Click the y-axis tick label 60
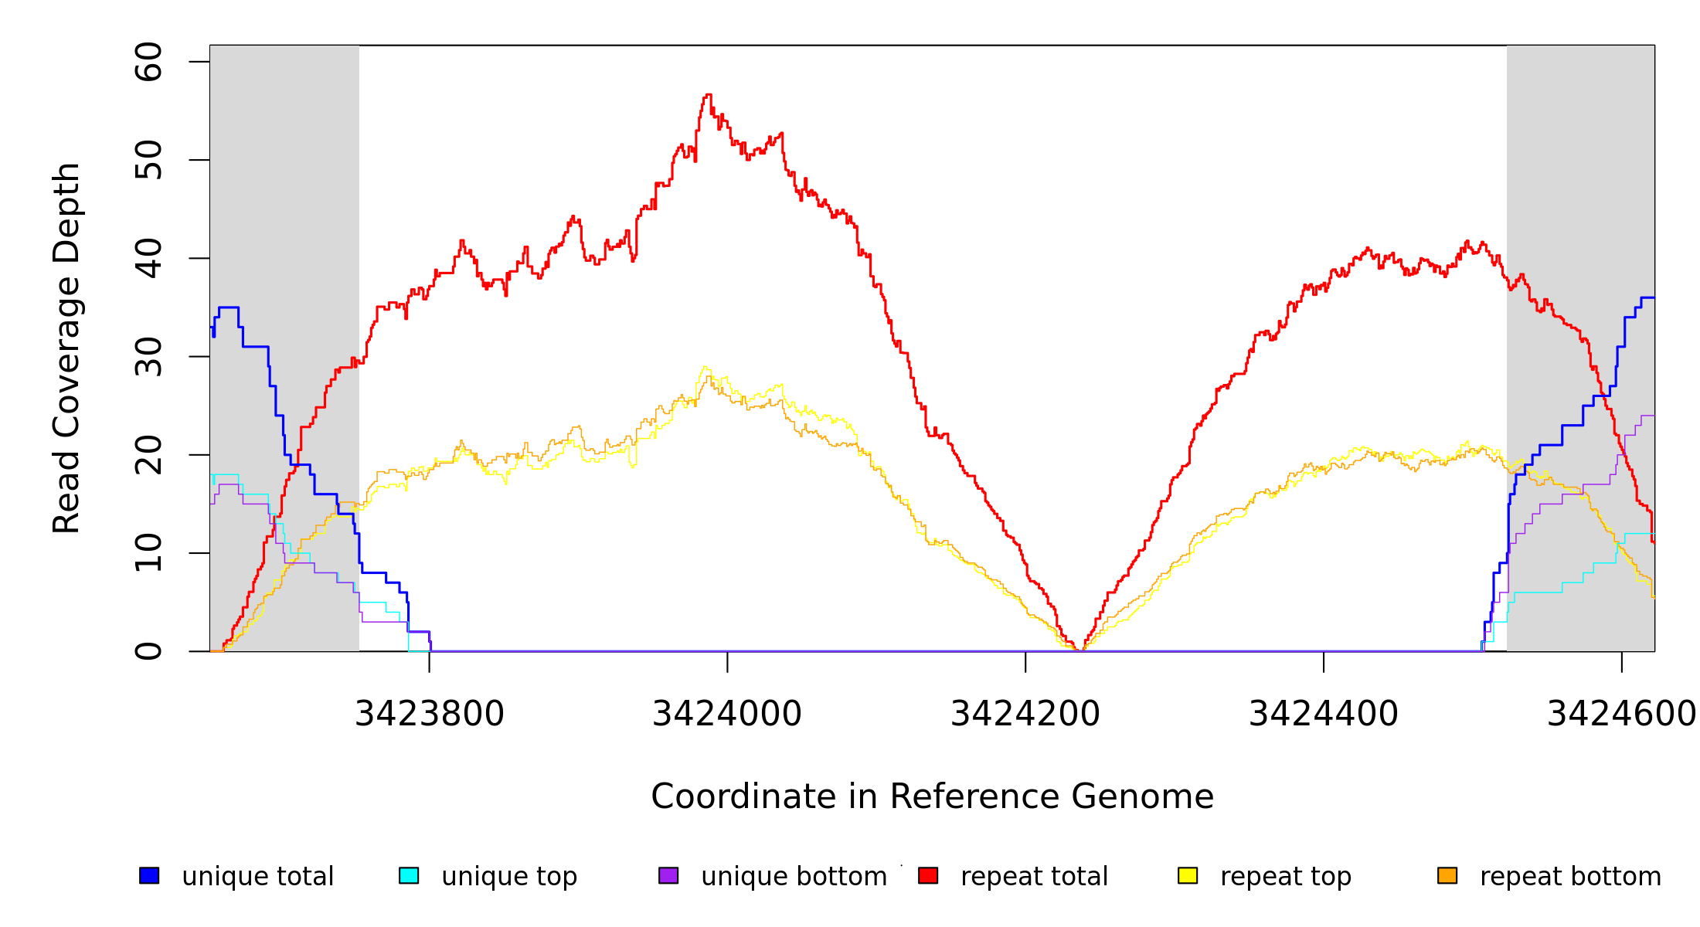148,62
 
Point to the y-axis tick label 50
148,160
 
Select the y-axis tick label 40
148,258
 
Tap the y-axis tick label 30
148,356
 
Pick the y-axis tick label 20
148,454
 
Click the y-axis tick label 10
148,552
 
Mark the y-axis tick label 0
148,651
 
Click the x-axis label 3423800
429,715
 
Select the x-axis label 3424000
727,715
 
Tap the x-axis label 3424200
1025,715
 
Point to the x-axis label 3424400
1324,715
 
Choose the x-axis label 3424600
1621,715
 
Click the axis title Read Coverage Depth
66,348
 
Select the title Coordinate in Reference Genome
932,796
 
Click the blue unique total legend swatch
149,875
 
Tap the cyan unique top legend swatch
409,875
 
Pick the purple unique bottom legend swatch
668,875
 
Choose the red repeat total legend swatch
928,875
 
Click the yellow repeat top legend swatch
1188,875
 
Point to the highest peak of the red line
708,95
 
